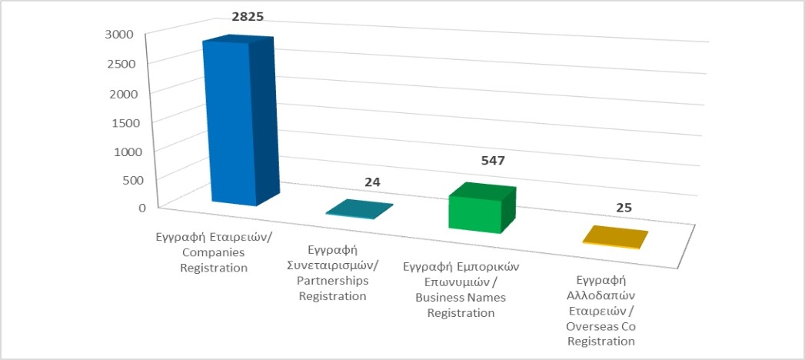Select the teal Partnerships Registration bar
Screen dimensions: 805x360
point(359,209)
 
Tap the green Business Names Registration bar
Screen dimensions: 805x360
point(481,208)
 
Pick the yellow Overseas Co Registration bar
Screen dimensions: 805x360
point(615,237)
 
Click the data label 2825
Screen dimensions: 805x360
point(248,16)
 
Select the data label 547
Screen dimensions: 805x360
point(493,161)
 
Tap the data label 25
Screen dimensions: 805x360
point(624,208)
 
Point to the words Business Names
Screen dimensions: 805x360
point(461,298)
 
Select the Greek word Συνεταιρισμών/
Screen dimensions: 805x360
point(333,266)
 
